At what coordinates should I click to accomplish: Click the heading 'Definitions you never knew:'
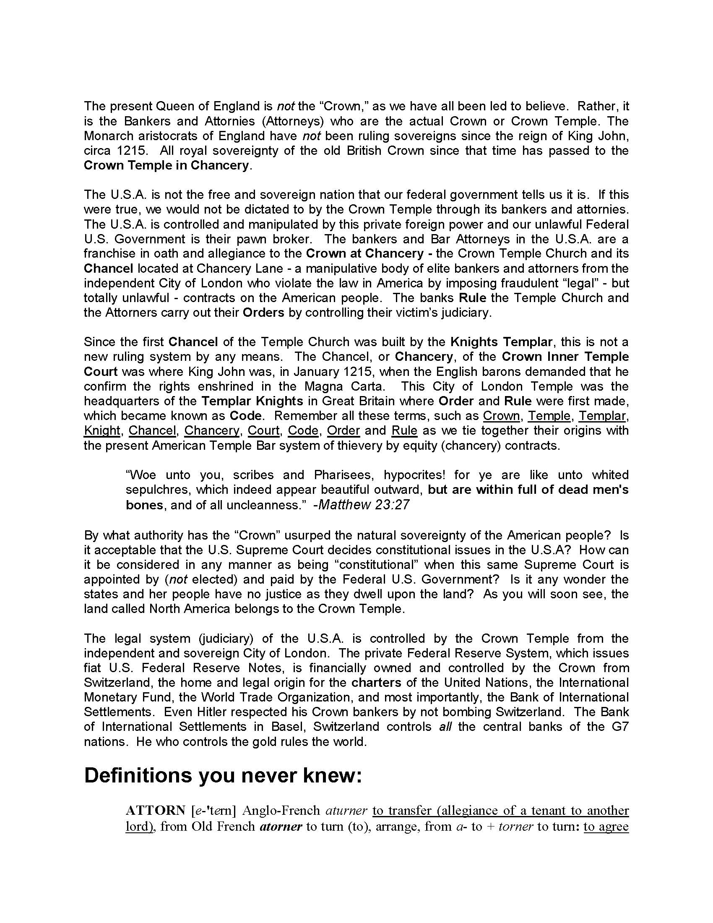(223, 776)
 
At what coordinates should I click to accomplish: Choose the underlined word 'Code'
(303, 430)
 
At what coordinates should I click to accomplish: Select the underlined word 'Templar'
(602, 416)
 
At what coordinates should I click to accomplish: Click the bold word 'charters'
(375, 683)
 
